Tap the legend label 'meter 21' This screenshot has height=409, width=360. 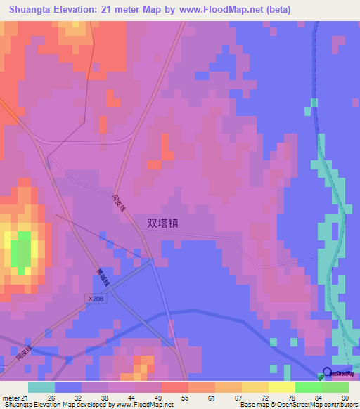[x=15, y=398]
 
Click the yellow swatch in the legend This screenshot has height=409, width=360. [x=281, y=387]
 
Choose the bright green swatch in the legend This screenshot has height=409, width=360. [x=308, y=387]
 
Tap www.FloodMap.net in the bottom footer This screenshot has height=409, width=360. [x=147, y=405]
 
